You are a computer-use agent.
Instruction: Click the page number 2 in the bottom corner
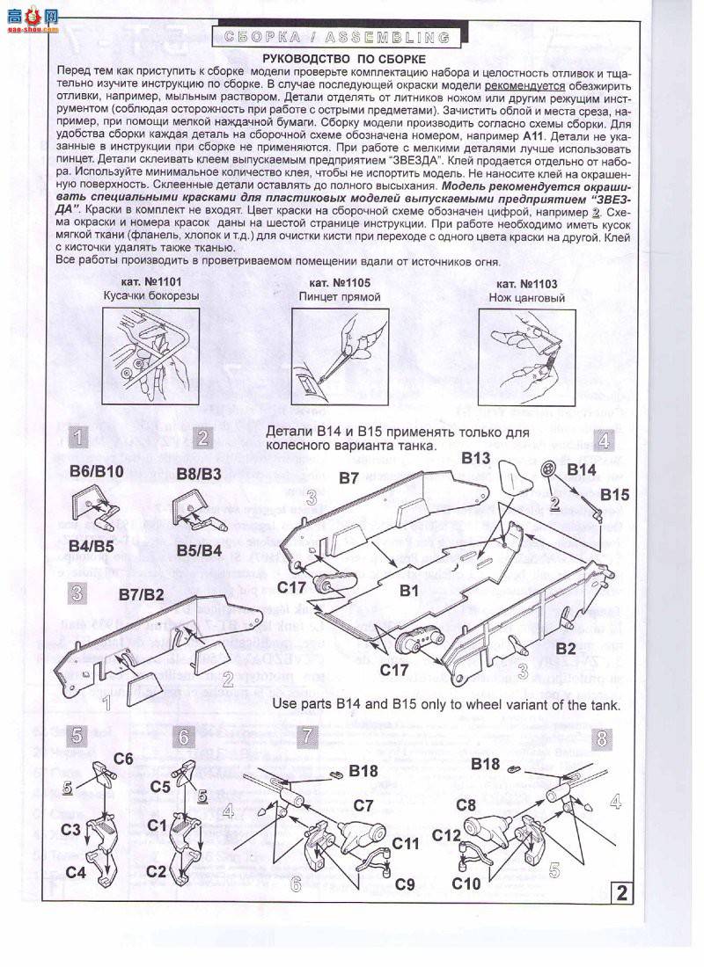tap(622, 894)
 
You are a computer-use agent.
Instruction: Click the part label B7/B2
tap(142, 594)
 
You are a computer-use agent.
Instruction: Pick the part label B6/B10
tap(97, 473)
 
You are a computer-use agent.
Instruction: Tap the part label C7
tap(363, 804)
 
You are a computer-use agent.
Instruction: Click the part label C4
tap(76, 873)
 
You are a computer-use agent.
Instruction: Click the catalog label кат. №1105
tap(339, 283)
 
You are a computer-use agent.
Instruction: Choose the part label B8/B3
tap(199, 473)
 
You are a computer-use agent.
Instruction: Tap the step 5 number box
tap(77, 737)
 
